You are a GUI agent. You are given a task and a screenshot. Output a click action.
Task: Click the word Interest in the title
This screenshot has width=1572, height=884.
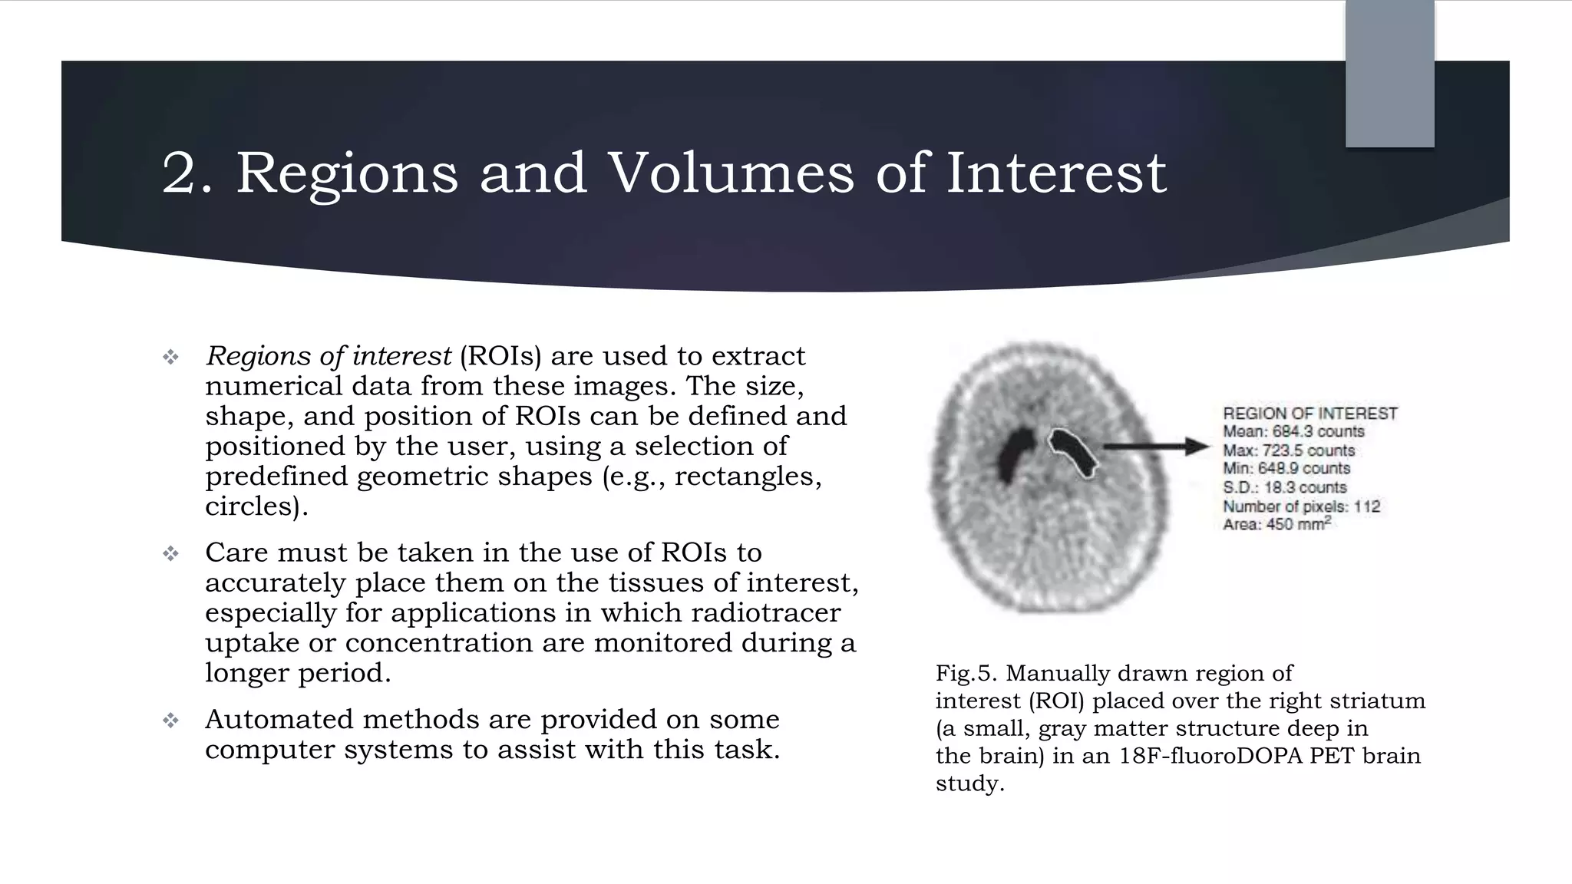coord(1055,173)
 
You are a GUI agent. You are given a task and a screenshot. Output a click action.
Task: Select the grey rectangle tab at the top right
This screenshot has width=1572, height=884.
coord(1389,74)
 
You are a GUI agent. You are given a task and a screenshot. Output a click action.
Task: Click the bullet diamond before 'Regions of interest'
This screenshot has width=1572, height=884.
coord(170,357)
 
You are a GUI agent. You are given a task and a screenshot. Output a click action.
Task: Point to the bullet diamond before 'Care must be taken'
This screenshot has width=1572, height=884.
coord(170,553)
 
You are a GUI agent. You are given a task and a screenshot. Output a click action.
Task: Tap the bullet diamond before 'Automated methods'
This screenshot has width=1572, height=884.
coord(170,720)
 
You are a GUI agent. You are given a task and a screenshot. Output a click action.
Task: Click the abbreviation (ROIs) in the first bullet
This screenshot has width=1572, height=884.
coord(500,356)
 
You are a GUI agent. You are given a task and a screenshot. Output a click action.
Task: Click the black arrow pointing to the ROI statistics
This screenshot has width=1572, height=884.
coord(1156,447)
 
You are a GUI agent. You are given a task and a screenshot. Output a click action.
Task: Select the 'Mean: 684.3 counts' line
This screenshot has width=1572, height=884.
coord(1293,432)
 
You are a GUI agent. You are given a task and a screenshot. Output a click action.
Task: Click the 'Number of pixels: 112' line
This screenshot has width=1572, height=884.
coord(1301,506)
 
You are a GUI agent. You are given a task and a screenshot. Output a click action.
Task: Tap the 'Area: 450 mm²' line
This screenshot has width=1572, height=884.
coord(1276,525)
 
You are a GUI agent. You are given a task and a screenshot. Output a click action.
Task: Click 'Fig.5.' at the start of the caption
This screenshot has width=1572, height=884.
coord(966,674)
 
